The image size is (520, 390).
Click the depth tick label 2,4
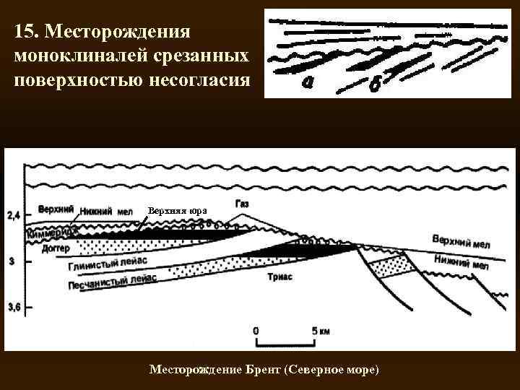coord(14,214)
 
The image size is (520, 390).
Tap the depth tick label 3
coord(11,261)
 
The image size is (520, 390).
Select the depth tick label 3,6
coord(14,308)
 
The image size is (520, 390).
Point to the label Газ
coord(242,204)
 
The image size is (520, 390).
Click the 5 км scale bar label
coord(321,331)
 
